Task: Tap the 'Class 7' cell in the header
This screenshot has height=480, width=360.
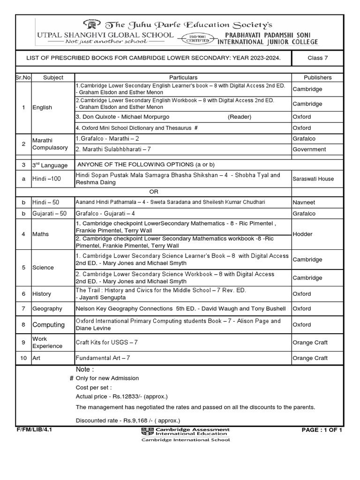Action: [x=317, y=58]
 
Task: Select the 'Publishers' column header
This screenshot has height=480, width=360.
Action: [x=317, y=77]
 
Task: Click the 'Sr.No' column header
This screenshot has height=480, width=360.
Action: [x=23, y=77]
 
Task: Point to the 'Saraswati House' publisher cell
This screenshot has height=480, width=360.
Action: [x=314, y=179]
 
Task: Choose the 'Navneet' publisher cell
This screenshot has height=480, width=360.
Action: [x=304, y=202]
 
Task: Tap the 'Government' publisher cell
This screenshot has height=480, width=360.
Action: [x=309, y=150]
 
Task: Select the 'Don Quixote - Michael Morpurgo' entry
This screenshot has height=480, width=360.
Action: [x=122, y=117]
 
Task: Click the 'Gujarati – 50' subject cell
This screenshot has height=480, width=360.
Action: [x=49, y=214]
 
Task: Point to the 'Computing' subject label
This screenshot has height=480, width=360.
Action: [x=48, y=325]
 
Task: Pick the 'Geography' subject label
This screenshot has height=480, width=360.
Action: [x=47, y=309]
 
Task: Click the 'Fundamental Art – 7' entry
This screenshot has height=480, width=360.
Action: [x=103, y=359]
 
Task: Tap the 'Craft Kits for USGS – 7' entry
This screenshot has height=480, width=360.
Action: [x=107, y=343]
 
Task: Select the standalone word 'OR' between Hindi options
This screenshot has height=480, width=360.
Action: [x=154, y=191]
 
